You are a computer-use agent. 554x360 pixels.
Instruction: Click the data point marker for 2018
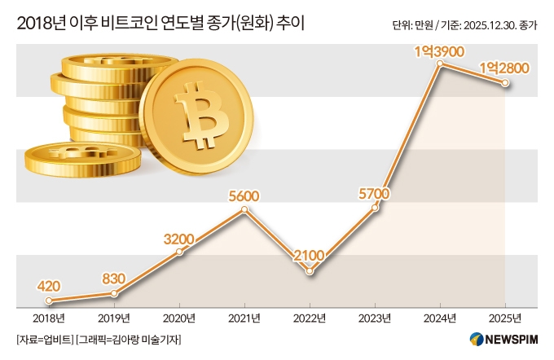49,301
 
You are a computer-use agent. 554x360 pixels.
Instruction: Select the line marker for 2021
244,210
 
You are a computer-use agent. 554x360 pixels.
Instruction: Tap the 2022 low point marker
310,270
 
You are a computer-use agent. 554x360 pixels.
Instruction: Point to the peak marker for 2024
440,64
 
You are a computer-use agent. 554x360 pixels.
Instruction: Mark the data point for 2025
505,82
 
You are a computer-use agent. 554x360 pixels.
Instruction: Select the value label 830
114,278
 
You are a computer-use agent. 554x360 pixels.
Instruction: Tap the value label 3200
179,239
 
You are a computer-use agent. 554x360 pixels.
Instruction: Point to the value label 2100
310,255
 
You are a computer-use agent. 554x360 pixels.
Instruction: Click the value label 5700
375,193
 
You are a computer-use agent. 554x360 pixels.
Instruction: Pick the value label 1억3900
439,50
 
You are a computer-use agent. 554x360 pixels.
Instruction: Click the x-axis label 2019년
114,317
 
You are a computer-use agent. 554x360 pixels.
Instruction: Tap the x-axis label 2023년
375,317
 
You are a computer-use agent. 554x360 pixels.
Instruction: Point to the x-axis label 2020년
179,317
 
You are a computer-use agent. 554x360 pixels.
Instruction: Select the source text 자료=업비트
43,339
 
